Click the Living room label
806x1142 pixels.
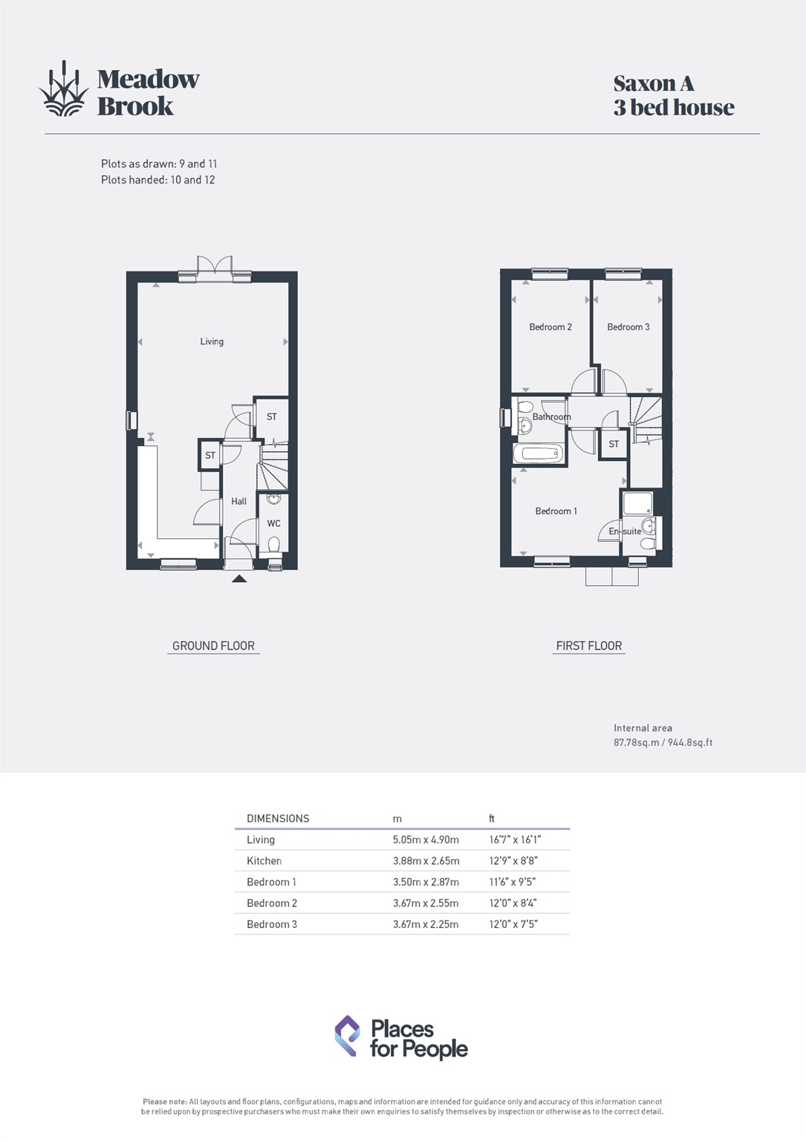tap(212, 341)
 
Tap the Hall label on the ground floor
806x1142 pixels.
tap(238, 501)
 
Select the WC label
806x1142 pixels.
tap(273, 523)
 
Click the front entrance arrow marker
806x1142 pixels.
tap(238, 578)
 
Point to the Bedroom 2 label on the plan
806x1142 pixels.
tap(550, 327)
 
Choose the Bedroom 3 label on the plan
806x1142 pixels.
tap(628, 327)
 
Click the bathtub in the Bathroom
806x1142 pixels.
tap(539, 454)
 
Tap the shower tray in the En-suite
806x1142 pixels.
tap(637, 503)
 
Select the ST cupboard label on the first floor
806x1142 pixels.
tap(614, 444)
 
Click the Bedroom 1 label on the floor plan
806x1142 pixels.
tap(556, 511)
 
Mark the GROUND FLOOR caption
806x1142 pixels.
tap(213, 646)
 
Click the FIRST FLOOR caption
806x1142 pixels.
tap(588, 646)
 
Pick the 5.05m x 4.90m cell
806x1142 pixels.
tap(426, 839)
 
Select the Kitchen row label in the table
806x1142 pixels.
tap(264, 861)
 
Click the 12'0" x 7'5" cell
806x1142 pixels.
tap(513, 924)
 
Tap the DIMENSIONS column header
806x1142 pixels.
tap(278, 819)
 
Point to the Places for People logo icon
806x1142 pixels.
tap(347, 1036)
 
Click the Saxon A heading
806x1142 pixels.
tap(654, 83)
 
